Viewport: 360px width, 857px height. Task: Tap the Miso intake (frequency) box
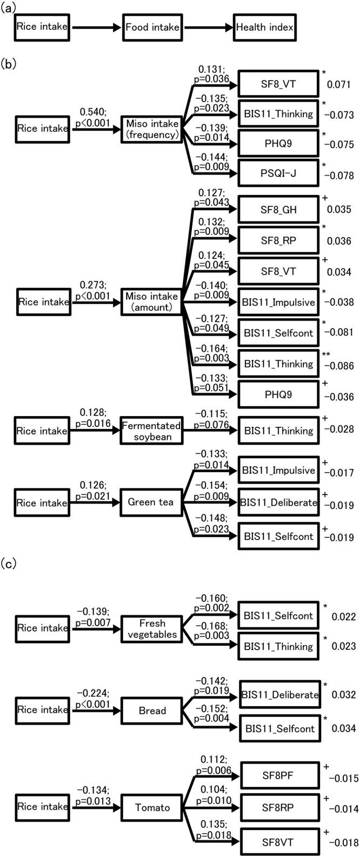pos(152,129)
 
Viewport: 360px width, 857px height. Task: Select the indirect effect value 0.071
pos(338,85)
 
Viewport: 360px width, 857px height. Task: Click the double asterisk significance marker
pos(326,354)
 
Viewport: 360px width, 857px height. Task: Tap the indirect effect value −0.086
pos(338,366)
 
